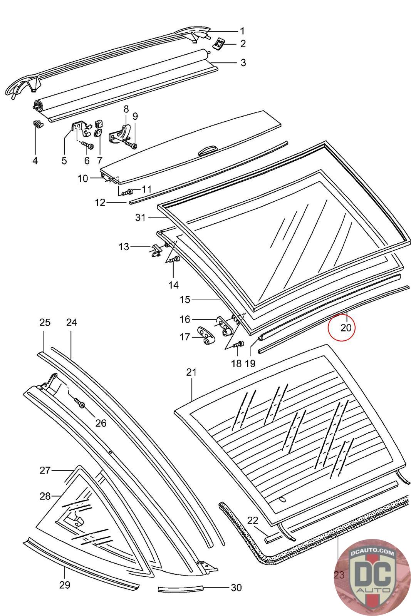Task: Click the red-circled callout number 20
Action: click(x=346, y=328)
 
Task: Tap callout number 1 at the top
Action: click(x=242, y=31)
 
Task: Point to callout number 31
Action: click(x=141, y=218)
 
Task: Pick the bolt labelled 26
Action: click(x=81, y=404)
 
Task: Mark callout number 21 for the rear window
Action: click(x=191, y=372)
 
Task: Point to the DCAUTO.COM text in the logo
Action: click(x=372, y=553)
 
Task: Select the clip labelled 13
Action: click(x=155, y=250)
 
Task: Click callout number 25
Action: click(x=45, y=322)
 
